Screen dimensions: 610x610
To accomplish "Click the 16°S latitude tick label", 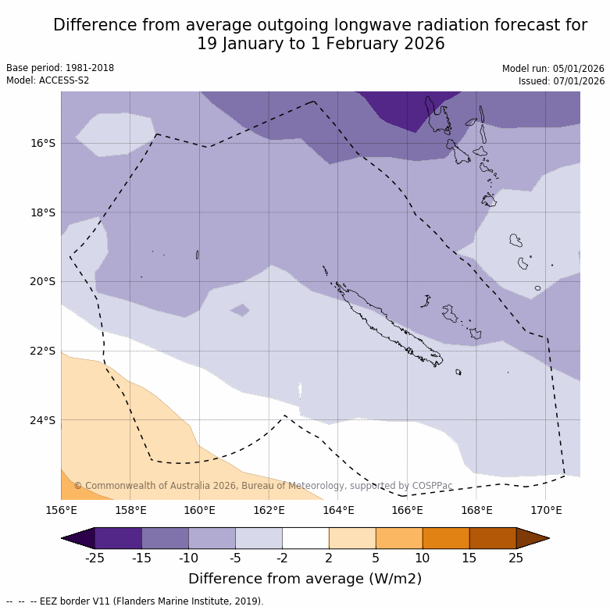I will [43, 143].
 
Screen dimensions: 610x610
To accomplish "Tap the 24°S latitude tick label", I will [43, 420].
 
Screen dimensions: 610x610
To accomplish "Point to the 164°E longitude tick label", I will [338, 511].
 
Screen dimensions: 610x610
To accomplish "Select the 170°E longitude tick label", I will [546, 511].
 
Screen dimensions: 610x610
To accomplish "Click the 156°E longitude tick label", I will [61, 511].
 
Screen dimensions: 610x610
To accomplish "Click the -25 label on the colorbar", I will [95, 558].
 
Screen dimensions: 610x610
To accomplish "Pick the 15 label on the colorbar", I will [469, 558].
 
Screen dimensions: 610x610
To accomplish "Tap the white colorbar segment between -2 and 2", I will [305, 538].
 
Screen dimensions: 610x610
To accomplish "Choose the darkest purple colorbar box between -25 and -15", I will [118, 538].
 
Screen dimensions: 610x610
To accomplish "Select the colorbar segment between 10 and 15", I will [446, 538].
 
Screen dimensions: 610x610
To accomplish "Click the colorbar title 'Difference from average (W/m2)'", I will [305, 579].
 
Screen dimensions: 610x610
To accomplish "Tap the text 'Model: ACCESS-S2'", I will [48, 80].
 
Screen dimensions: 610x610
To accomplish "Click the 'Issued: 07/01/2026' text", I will [561, 80].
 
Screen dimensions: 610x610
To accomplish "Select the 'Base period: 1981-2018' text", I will [60, 68].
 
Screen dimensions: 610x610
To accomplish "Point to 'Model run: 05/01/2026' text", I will [553, 68].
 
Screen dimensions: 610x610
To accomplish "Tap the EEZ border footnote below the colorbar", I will [134, 601].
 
